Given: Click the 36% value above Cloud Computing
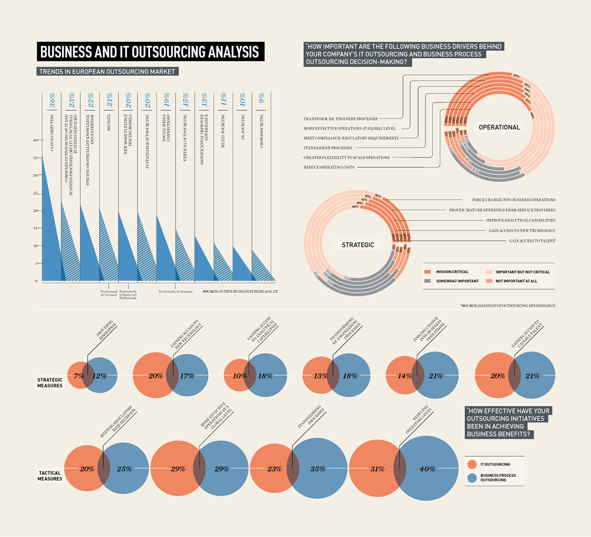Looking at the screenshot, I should (52, 100).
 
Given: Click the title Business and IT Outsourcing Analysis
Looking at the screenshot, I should (150, 52).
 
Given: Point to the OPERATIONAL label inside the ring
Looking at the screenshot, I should (499, 127).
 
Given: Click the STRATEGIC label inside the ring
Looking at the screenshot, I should (358, 245).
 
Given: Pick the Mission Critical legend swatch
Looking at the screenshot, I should (427, 272).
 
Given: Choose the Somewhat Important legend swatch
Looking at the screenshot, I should (427, 281).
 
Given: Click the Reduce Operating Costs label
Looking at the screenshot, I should (328, 167).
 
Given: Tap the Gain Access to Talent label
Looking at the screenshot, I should (532, 241).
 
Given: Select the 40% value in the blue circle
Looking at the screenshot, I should (427, 469).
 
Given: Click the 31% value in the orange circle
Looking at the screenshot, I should (377, 469).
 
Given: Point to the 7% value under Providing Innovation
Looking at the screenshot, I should (78, 376).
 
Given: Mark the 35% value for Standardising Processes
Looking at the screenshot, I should (318, 469).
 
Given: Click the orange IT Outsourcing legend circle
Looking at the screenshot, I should (472, 464).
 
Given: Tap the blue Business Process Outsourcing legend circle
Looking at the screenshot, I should (472, 477).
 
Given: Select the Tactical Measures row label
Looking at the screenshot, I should (50, 476).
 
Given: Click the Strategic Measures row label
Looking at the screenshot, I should (50, 382).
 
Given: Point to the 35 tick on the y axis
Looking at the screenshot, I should (35, 158).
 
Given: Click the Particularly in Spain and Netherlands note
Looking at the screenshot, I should (128, 295).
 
